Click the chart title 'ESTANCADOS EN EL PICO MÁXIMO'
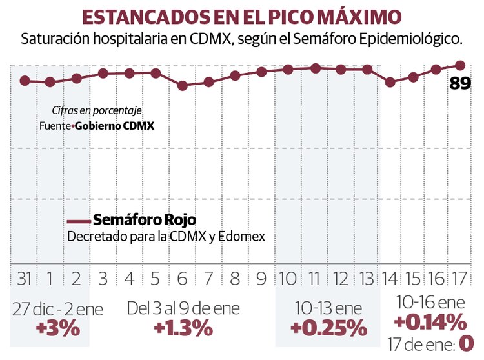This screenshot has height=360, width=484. (x=241, y=16)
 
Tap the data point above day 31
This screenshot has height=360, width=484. (x=25, y=81)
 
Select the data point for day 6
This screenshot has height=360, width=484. (x=183, y=85)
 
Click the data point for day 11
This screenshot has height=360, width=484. (x=315, y=68)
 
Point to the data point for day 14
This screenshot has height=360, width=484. (x=390, y=83)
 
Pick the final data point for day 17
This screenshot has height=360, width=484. (x=460, y=65)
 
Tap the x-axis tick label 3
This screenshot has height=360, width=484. (x=103, y=279)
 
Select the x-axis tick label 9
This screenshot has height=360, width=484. (x=261, y=279)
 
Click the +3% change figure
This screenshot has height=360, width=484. (x=58, y=328)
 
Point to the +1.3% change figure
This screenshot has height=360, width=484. (x=184, y=328)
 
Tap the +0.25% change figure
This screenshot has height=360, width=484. (x=328, y=328)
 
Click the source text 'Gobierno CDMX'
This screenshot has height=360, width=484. (x=114, y=126)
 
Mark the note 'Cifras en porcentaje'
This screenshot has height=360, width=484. (x=97, y=111)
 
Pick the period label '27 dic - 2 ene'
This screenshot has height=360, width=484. (x=58, y=309)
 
